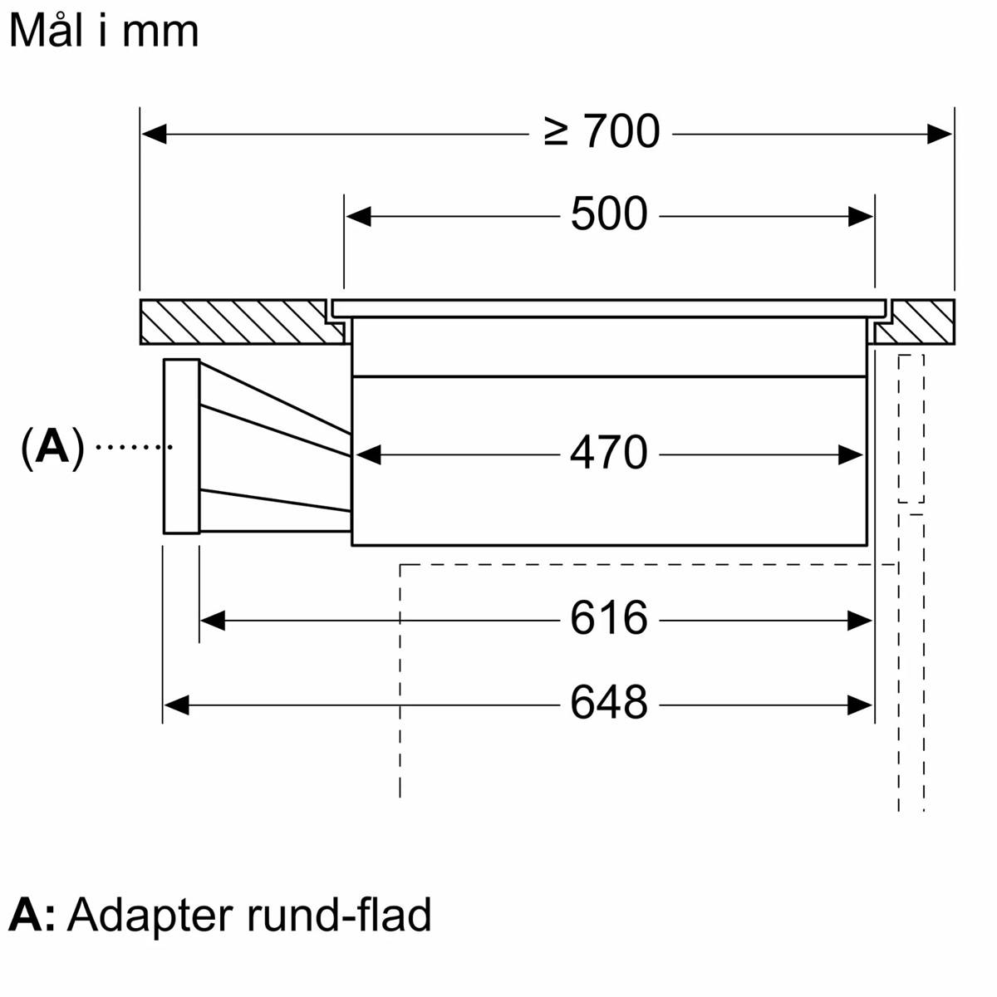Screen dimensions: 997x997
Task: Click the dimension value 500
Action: [609, 214]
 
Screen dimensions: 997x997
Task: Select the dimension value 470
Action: [609, 454]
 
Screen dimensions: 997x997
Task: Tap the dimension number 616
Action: [609, 619]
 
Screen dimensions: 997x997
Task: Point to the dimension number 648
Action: [609, 704]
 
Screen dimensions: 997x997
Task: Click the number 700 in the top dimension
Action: [622, 132]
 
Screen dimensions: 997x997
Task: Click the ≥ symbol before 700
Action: [557, 132]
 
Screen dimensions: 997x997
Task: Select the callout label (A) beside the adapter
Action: [52, 448]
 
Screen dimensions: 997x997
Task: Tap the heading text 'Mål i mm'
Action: [104, 32]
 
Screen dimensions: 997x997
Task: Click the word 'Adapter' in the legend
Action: [150, 916]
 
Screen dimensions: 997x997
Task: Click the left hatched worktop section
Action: [241, 322]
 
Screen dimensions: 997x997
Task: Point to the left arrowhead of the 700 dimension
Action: [155, 133]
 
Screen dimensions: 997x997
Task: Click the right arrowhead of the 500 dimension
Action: [861, 217]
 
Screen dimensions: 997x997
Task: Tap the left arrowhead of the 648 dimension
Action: [177, 705]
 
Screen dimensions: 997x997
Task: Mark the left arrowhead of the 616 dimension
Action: [213, 620]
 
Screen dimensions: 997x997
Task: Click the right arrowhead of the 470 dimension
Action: [851, 455]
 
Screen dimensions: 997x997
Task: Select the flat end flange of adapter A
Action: [181, 446]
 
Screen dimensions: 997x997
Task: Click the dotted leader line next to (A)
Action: [133, 447]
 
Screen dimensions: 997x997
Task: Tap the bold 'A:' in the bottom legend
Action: [32, 916]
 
